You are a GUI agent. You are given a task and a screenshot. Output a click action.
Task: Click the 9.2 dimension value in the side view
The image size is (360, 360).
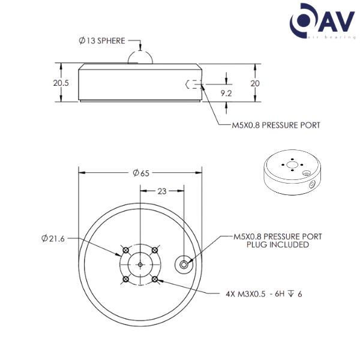[x=226, y=92]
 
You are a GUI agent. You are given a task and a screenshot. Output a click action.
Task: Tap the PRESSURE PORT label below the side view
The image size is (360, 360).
[x=276, y=125]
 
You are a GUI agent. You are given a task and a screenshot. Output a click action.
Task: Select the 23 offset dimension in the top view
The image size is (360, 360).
[x=161, y=190]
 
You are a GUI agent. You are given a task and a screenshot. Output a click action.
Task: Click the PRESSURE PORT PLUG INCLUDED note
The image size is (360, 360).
[x=277, y=241]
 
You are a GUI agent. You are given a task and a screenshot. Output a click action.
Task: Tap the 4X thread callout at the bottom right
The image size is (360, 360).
[x=263, y=294]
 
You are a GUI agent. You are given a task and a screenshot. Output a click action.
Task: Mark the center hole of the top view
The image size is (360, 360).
[x=139, y=263]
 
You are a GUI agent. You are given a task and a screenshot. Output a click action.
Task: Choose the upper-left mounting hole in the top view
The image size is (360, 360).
[x=125, y=249]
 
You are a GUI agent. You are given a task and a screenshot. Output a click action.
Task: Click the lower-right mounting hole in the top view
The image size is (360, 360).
[x=155, y=279]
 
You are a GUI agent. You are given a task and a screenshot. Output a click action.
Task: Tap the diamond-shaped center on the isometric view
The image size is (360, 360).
[x=291, y=163]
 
